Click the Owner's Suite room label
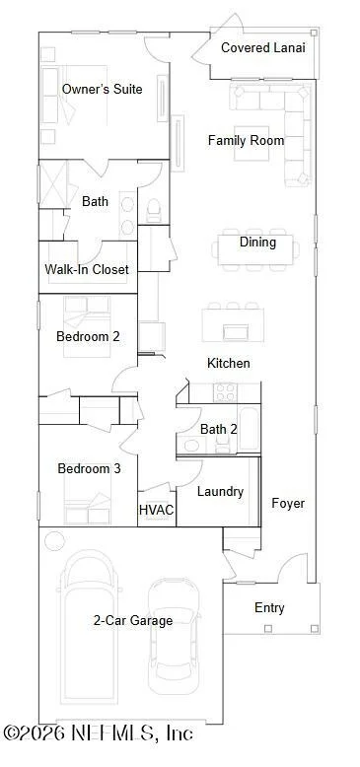point(103,89)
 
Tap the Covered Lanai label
point(263,48)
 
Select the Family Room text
point(246,140)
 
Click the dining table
point(255,249)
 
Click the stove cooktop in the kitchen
point(225,392)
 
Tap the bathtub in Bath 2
point(249,428)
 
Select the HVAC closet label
point(157,510)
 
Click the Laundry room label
point(220,492)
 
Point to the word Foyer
point(288,504)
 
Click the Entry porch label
point(269,608)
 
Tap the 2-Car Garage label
point(133,621)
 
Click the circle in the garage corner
point(54,541)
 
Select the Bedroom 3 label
point(89,468)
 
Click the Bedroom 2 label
point(88,336)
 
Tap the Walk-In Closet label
point(87,269)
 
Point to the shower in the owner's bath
point(53,184)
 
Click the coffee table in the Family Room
point(252,143)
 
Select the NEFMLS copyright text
point(99,733)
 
